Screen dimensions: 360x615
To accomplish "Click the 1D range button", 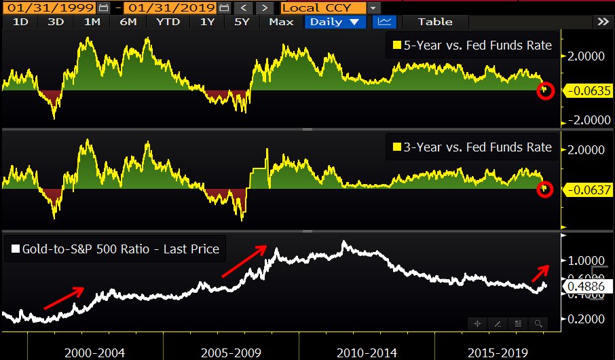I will pyautogui.click(x=21, y=22).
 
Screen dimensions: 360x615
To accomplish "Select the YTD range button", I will pyautogui.click(x=168, y=22).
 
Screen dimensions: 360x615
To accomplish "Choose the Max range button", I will pyautogui.click(x=280, y=22).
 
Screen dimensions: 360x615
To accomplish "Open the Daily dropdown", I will pyautogui.click(x=335, y=22).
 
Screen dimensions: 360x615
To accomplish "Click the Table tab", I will pyautogui.click(x=435, y=22).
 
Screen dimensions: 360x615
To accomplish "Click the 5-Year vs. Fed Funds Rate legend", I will pyautogui.click(x=472, y=46).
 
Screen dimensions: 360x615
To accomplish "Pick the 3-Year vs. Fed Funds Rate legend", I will pyautogui.click(x=472, y=147).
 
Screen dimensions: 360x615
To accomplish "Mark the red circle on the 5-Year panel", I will pyautogui.click(x=545, y=90).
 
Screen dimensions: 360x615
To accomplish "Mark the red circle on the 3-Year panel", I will pyautogui.click(x=545, y=190).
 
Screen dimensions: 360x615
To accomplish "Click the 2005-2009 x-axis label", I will pyautogui.click(x=230, y=352).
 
